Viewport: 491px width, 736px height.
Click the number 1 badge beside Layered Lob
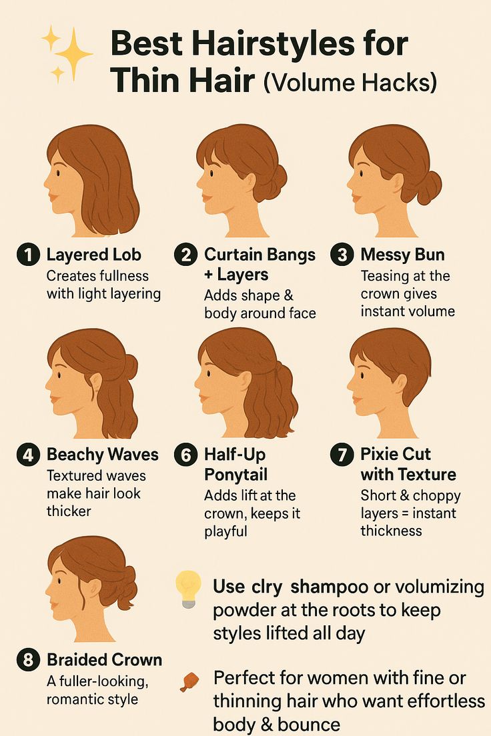tap(28, 255)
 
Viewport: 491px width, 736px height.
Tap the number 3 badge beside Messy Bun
tap(342, 255)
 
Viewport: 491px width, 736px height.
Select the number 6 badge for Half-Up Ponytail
tap(185, 455)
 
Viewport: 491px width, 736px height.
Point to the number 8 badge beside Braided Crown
tap(28, 660)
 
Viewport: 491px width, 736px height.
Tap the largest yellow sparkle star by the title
tap(73, 53)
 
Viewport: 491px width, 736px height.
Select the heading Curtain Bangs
tap(260, 255)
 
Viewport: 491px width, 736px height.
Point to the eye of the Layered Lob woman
tap(58, 173)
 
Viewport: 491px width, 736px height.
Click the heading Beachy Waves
tap(103, 455)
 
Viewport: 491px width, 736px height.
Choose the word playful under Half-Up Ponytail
tap(225, 532)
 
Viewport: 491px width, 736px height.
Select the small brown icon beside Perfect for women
tap(189, 681)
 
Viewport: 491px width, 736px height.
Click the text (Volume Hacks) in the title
tap(350, 83)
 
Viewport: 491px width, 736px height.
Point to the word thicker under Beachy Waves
tap(69, 511)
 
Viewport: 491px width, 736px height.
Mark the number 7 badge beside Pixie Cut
tap(342, 455)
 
